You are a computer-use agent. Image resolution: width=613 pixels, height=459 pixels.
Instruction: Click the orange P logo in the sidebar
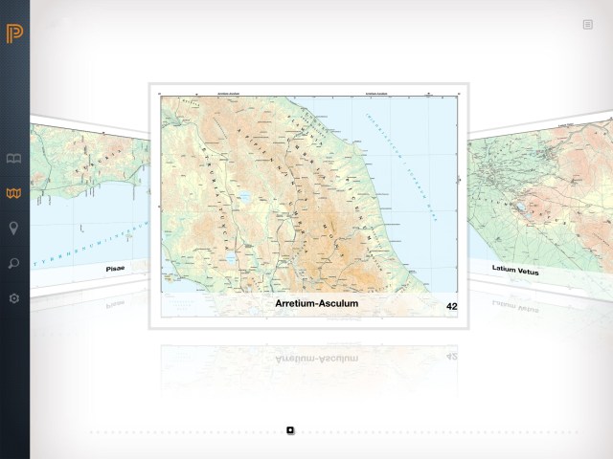pyautogui.click(x=13, y=33)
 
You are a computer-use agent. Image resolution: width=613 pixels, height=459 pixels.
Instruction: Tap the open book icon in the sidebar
pyautogui.click(x=13, y=159)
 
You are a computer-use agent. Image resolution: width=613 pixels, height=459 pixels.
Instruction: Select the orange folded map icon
pyautogui.click(x=13, y=193)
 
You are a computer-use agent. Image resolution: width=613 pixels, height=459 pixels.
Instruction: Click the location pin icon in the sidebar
pyautogui.click(x=13, y=228)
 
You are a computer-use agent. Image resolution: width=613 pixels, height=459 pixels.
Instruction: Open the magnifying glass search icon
pyautogui.click(x=13, y=263)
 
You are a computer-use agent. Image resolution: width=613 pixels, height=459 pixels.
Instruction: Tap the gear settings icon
pyautogui.click(x=13, y=298)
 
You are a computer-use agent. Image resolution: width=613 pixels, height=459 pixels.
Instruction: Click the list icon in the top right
pyautogui.click(x=587, y=25)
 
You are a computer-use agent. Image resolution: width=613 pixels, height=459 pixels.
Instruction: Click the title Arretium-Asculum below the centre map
pyautogui.click(x=316, y=304)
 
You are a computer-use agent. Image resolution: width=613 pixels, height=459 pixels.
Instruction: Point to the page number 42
pyautogui.click(x=451, y=306)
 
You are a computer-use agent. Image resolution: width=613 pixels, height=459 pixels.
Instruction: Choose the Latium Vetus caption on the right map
pyautogui.click(x=515, y=270)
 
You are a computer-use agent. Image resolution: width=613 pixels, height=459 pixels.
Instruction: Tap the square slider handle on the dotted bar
pyautogui.click(x=290, y=430)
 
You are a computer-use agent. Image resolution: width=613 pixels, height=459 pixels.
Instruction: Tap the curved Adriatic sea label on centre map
pyautogui.click(x=399, y=158)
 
